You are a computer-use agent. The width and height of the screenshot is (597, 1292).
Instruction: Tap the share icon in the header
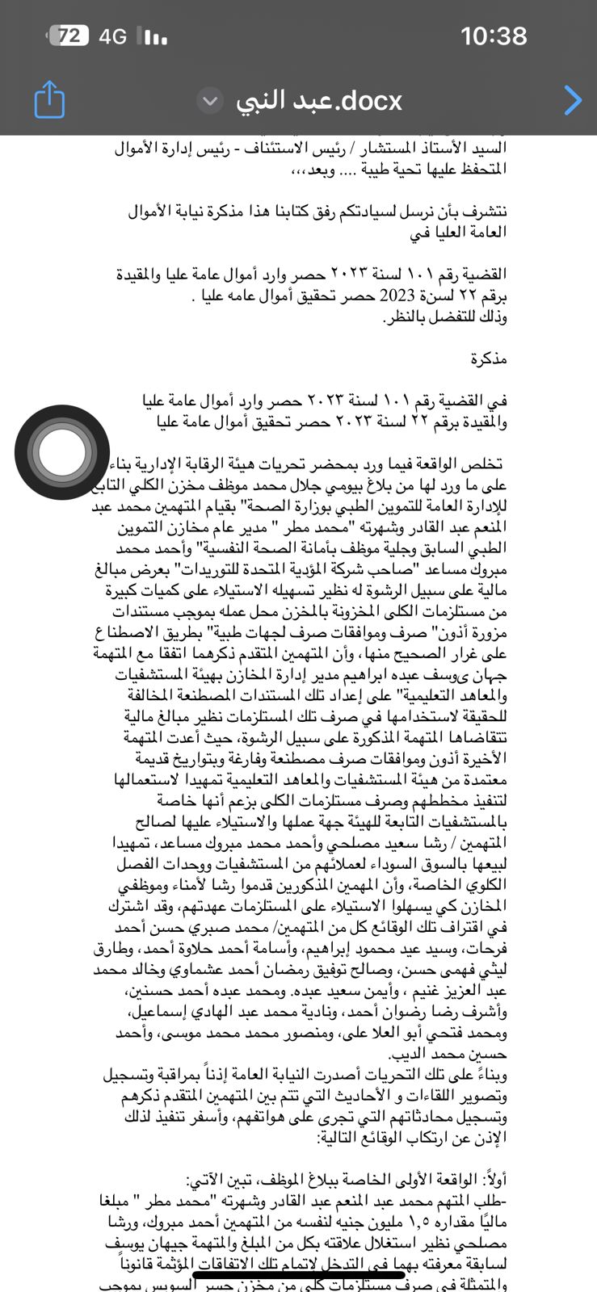pyautogui.click(x=49, y=99)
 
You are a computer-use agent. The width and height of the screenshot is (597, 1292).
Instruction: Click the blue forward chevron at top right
pyautogui.click(x=573, y=100)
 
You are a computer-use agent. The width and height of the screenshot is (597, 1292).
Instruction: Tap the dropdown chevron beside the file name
pyautogui.click(x=210, y=101)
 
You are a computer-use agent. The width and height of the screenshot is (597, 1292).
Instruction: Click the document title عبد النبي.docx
pyautogui.click(x=319, y=101)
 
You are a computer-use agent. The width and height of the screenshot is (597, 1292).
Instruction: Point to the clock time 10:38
pyautogui.click(x=494, y=36)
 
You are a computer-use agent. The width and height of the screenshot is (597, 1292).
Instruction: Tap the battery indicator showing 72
pyautogui.click(x=69, y=36)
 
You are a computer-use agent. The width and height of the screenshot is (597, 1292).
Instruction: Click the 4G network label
pyautogui.click(x=113, y=36)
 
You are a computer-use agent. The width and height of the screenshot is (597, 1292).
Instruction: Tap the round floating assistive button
pyautogui.click(x=62, y=452)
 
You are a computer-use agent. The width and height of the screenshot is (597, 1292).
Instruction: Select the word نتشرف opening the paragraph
pyautogui.click(x=486, y=212)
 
